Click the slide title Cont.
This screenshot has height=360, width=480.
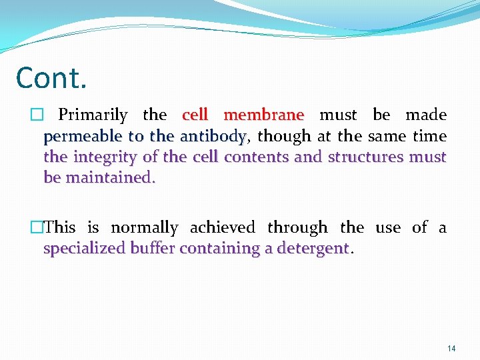51,78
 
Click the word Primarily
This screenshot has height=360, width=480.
93,115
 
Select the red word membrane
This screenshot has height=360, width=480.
264,115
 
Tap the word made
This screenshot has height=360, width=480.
426,115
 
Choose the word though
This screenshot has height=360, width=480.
284,136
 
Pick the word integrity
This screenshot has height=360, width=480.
106,157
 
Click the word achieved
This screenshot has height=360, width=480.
223,228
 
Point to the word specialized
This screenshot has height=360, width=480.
84,249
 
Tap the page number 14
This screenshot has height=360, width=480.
451,348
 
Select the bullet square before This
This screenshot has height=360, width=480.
39,228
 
